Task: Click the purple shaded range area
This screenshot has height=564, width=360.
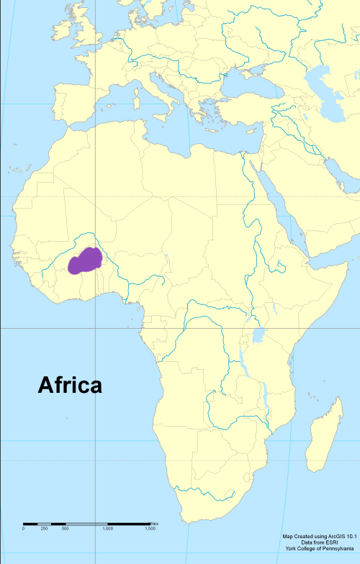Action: coord(84,261)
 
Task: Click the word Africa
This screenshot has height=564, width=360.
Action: coord(70,386)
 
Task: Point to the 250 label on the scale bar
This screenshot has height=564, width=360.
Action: coord(44,529)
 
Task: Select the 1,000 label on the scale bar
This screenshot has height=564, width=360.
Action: coord(107,529)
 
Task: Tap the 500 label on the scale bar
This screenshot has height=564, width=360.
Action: coord(65,529)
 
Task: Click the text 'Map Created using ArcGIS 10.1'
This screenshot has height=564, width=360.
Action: coord(320,537)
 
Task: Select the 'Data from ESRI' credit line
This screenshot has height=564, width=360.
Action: coord(320,543)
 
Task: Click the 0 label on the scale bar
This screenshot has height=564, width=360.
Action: coord(23,529)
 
